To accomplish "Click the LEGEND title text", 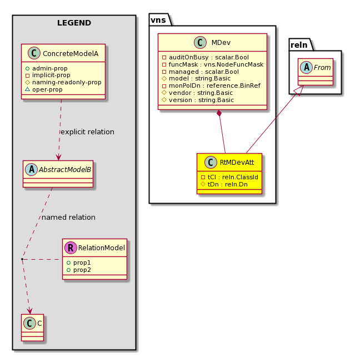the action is (x=74, y=23).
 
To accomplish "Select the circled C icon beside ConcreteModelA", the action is (x=34, y=53).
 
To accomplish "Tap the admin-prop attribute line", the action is (x=47, y=68).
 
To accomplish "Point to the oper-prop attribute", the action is (x=44, y=89).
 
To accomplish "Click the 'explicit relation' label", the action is (x=87, y=132).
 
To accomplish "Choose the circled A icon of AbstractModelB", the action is (x=31, y=169).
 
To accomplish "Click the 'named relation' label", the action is (x=68, y=218).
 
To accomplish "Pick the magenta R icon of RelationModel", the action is (x=71, y=247).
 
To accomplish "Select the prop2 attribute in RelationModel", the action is (x=78, y=270).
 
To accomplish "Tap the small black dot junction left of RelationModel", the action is (x=22, y=259).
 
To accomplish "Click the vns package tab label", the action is (x=158, y=20).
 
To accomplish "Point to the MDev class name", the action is (x=221, y=43).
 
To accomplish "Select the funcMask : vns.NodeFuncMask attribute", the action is (x=213, y=64).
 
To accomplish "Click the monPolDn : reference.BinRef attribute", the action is (x=211, y=85).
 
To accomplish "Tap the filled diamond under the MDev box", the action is (x=219, y=113).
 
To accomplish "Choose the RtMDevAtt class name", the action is (x=237, y=162).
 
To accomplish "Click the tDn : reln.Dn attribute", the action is (x=224, y=184).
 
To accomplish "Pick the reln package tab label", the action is (x=299, y=45).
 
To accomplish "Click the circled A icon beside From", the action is (x=307, y=67).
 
